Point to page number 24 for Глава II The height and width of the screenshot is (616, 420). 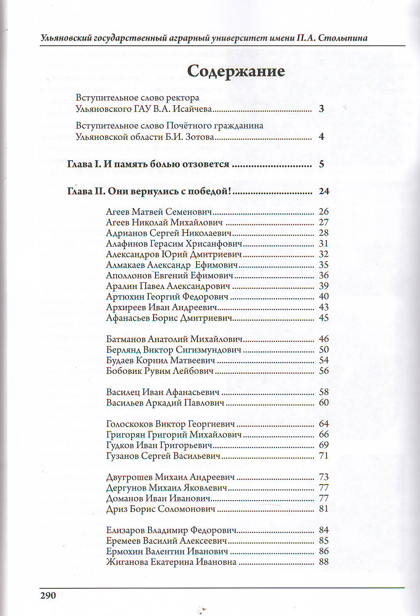(x=324, y=191)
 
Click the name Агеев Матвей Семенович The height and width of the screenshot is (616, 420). (x=159, y=212)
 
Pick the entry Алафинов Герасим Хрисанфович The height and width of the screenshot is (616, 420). (x=174, y=244)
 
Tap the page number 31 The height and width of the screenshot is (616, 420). (x=324, y=244)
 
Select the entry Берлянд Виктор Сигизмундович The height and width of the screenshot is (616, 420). (x=174, y=350)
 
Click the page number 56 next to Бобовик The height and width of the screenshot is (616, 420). (x=324, y=371)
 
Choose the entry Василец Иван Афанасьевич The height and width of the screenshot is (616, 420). (x=163, y=392)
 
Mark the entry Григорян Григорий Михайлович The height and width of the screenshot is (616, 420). (x=174, y=434)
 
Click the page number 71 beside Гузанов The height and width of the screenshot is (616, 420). (x=324, y=456)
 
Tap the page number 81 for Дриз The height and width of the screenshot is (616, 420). (x=324, y=509)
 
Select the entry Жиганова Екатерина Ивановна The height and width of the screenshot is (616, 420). (x=171, y=562)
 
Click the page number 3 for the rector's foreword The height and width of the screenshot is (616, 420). (x=321, y=109)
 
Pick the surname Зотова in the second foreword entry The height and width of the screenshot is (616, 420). (x=199, y=137)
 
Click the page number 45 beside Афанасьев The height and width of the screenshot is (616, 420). (x=324, y=318)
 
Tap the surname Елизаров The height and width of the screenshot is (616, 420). (x=125, y=530)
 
